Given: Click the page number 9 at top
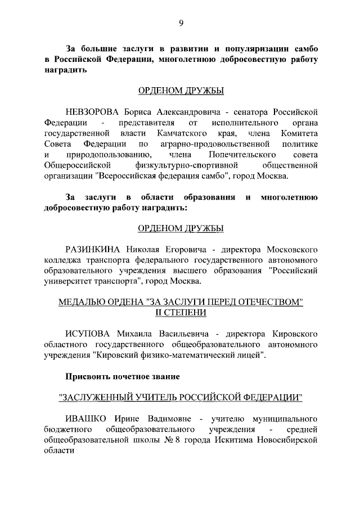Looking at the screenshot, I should (x=181, y=23).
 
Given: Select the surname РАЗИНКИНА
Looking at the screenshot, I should (x=93, y=249).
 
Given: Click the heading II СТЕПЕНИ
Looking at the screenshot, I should (x=181, y=313).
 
